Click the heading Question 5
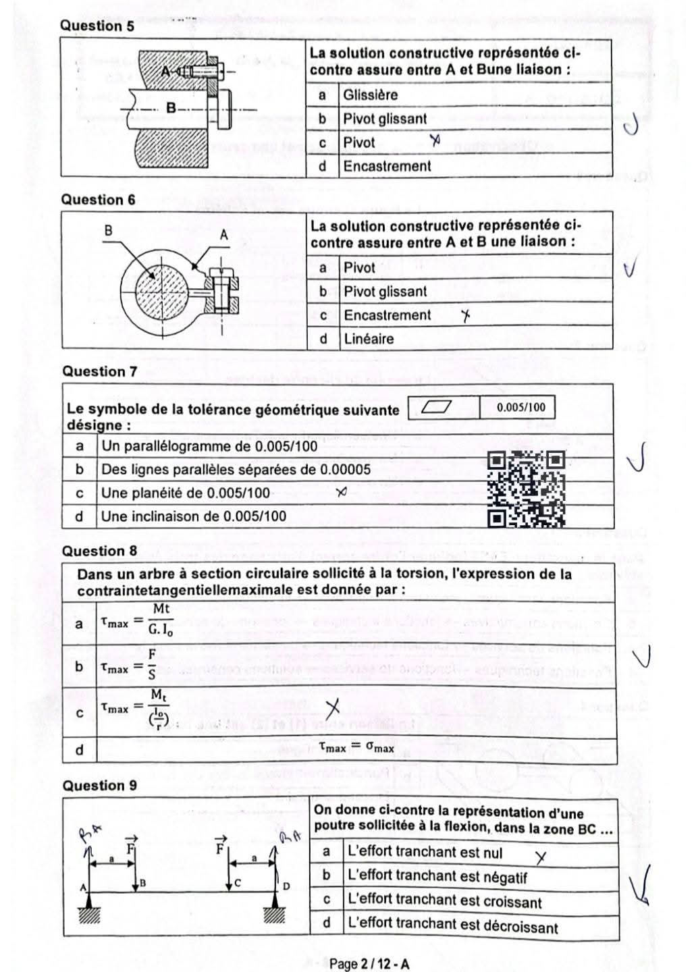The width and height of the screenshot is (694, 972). pyautogui.click(x=97, y=26)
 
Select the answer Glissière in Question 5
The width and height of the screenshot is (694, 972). pyautogui.click(x=370, y=95)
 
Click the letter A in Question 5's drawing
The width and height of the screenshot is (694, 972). pyautogui.click(x=166, y=71)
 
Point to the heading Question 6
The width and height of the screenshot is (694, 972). pyautogui.click(x=98, y=200)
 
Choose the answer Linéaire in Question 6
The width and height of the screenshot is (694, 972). pyautogui.click(x=369, y=339)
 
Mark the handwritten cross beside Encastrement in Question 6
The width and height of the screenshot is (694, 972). pyautogui.click(x=465, y=315)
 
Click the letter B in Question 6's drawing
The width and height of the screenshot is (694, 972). pyautogui.click(x=108, y=230)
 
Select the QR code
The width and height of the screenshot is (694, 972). pyautogui.click(x=526, y=489)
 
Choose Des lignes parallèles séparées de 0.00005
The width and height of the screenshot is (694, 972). pyautogui.click(x=236, y=470)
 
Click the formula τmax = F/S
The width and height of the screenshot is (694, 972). pyautogui.click(x=128, y=666)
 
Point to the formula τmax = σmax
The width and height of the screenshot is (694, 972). pyautogui.click(x=356, y=747)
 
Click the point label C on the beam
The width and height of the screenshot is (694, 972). pyautogui.click(x=239, y=882)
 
